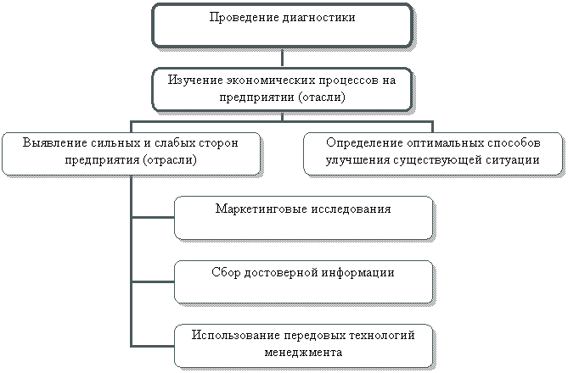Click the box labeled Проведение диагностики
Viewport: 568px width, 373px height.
pyautogui.click(x=282, y=24)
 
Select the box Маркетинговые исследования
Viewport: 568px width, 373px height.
pyautogui.click(x=303, y=217)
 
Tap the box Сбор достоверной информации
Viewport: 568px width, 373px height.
pyautogui.click(x=303, y=281)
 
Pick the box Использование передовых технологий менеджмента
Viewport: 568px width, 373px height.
pyautogui.click(x=303, y=344)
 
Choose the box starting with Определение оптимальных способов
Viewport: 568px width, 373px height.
pyautogui.click(x=433, y=153)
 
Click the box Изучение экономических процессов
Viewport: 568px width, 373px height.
pyautogui.click(x=283, y=89)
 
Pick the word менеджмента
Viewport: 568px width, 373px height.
pyautogui.click(x=303, y=351)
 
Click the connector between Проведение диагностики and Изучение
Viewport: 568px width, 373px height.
pyautogui.click(x=282, y=56)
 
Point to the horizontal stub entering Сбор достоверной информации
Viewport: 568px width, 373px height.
pyautogui.click(x=153, y=281)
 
